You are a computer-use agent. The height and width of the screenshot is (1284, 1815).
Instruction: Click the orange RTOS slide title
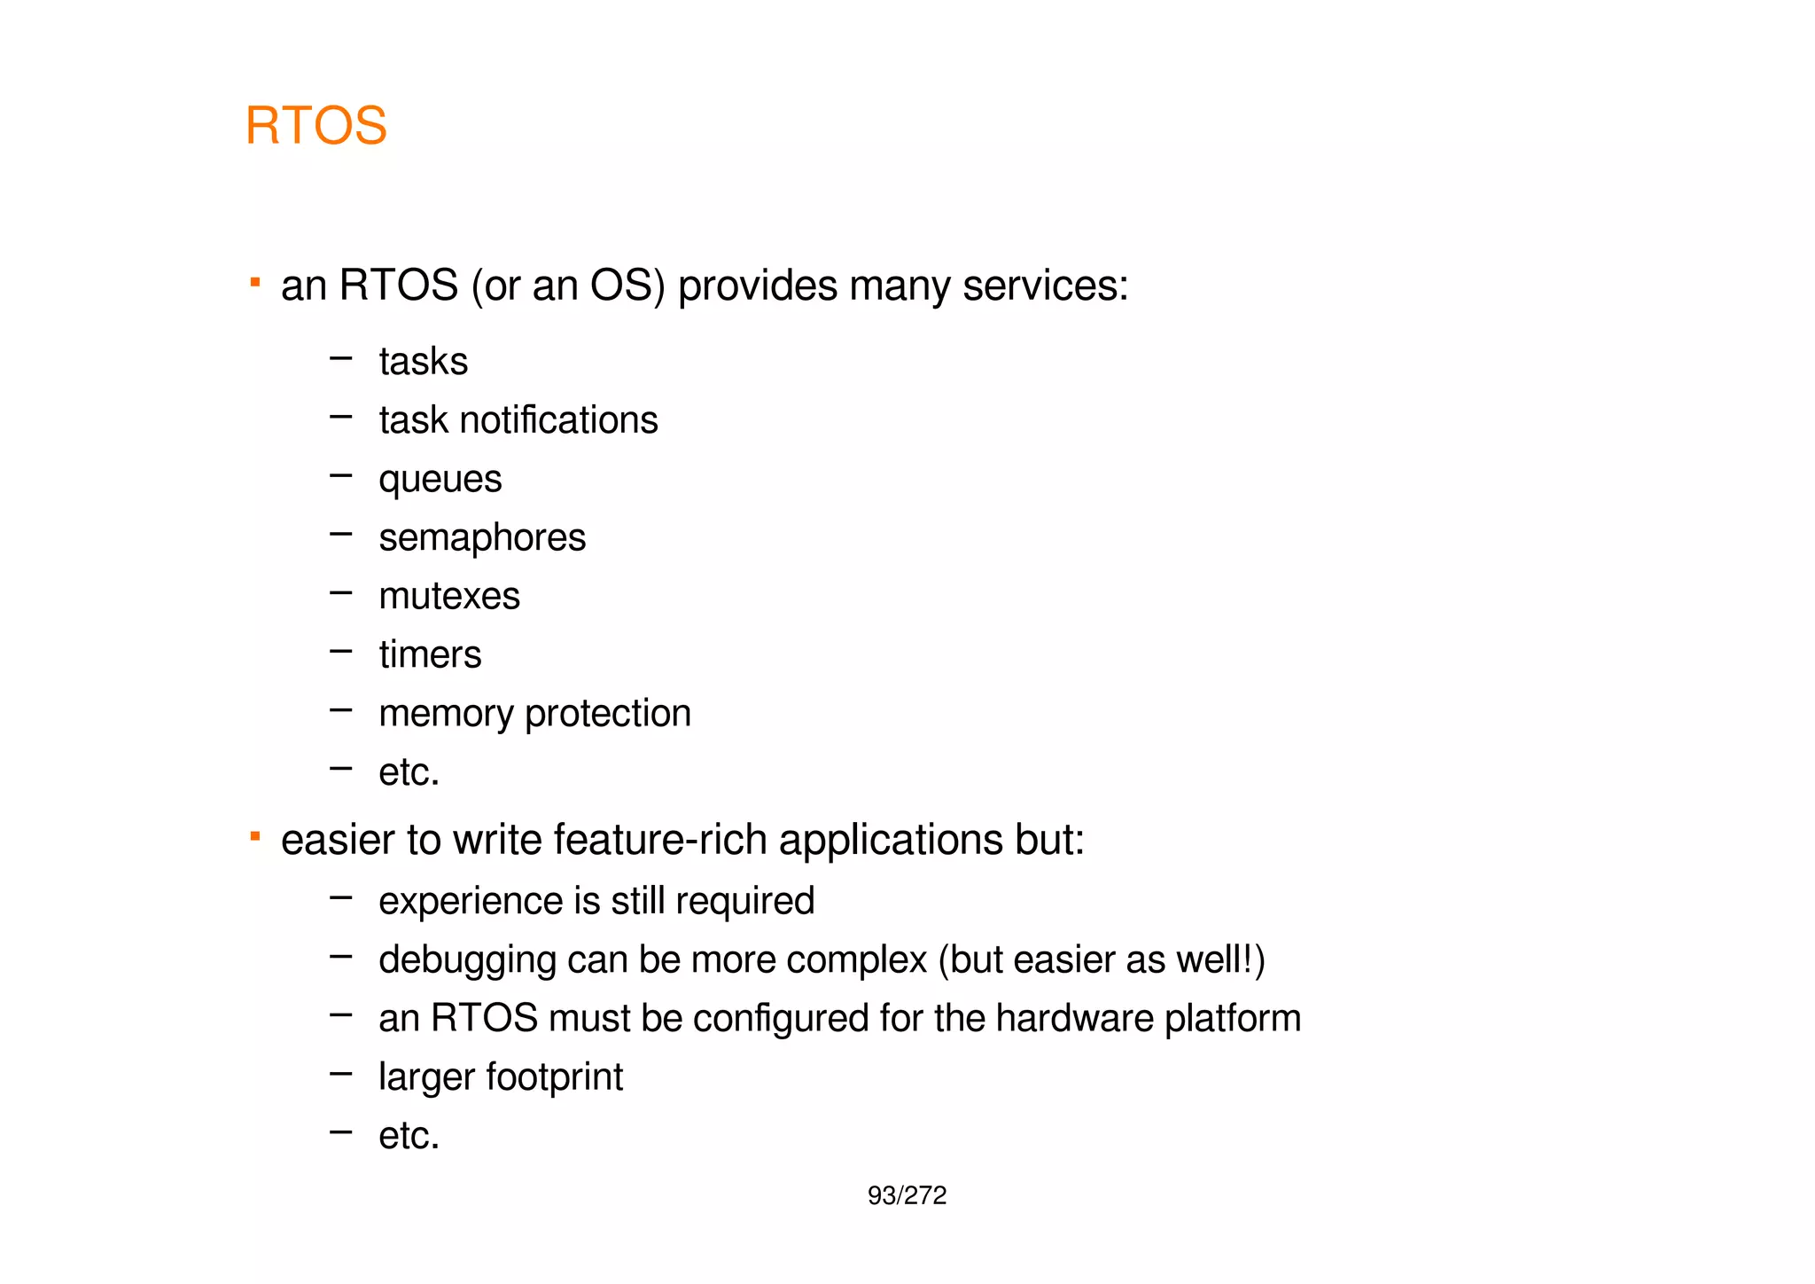click(x=315, y=125)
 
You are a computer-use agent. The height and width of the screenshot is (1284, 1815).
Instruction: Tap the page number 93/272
click(x=907, y=1196)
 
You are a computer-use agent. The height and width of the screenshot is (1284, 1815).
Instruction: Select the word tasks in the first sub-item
click(x=423, y=362)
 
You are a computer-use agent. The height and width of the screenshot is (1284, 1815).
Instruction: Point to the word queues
click(x=440, y=480)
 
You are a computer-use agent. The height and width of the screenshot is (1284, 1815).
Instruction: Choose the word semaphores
click(x=482, y=537)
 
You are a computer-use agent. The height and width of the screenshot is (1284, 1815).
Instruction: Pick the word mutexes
click(x=448, y=596)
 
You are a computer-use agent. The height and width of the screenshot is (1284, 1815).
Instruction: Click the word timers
click(x=430, y=654)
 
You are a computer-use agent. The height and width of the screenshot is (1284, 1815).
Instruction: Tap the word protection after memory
click(x=608, y=714)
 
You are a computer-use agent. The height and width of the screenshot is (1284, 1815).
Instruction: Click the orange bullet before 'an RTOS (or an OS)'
click(x=255, y=283)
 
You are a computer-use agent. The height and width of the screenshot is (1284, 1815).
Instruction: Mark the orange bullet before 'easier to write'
click(x=255, y=836)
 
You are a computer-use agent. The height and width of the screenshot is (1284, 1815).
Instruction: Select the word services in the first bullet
click(x=1045, y=286)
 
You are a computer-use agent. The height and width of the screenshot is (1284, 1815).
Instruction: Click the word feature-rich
click(x=659, y=840)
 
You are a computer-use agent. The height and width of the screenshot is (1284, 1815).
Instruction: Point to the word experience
click(x=470, y=902)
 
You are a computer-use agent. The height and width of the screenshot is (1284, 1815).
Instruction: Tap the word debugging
click(x=467, y=960)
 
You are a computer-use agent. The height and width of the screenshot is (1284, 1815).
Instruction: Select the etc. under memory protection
click(x=409, y=772)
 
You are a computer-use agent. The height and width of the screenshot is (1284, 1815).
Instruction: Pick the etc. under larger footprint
click(x=409, y=1136)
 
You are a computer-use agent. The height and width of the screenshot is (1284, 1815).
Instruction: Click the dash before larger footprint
click(x=340, y=1074)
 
